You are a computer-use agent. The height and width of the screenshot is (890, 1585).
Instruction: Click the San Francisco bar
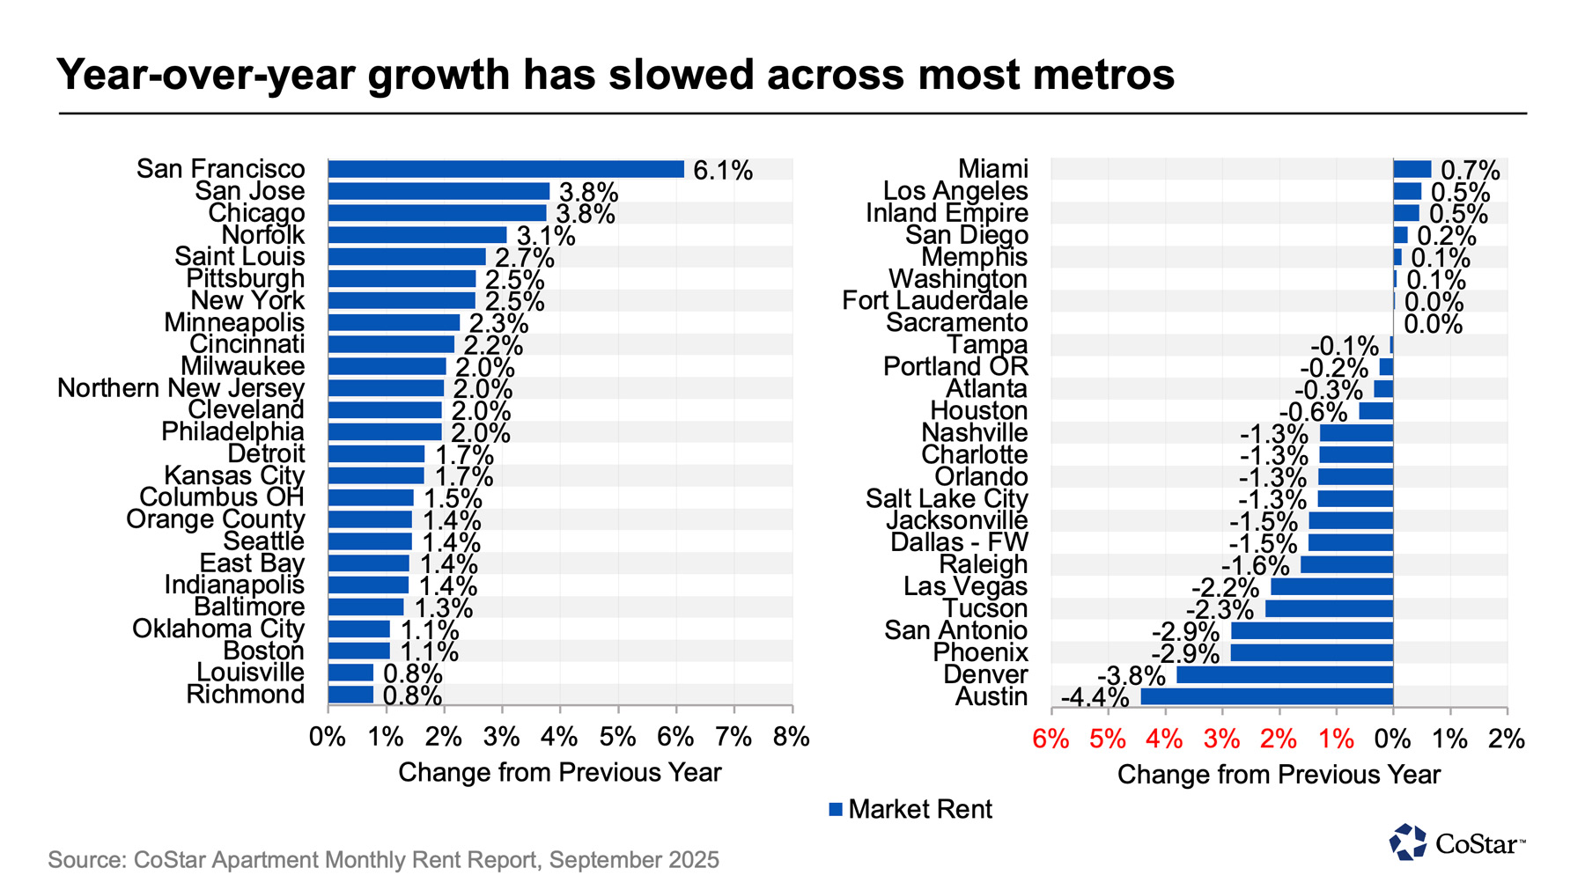pos(505,169)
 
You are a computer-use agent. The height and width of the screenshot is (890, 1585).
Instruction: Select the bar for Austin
pos(1266,696)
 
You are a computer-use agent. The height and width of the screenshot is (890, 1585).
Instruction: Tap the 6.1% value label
pos(723,171)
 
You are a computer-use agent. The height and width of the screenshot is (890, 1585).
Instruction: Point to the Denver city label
pos(985,674)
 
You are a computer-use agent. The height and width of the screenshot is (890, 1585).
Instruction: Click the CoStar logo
pos(1456,842)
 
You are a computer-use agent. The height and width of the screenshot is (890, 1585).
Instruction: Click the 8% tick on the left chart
pos(791,737)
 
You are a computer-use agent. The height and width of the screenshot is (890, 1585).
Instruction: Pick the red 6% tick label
pos(1051,739)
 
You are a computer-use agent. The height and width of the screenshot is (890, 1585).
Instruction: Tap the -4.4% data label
pos(1095,697)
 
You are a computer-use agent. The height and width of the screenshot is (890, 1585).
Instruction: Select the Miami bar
pos(1412,169)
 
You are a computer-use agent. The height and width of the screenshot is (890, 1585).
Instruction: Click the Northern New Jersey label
pos(181,388)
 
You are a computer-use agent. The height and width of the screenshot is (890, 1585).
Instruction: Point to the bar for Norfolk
pos(417,235)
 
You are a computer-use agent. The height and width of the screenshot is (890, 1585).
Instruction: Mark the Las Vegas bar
pos(1331,586)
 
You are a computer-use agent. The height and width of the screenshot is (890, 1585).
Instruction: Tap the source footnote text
pos(383,859)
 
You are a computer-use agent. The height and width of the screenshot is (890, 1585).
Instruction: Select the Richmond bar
pos(350,695)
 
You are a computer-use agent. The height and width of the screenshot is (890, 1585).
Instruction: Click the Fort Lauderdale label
pos(934,301)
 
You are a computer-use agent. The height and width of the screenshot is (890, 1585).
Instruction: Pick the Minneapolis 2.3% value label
pos(498,324)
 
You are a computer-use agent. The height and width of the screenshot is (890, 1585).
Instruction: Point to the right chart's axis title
pos(1279,774)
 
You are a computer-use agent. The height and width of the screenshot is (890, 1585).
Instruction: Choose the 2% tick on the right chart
pos(1506,739)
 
